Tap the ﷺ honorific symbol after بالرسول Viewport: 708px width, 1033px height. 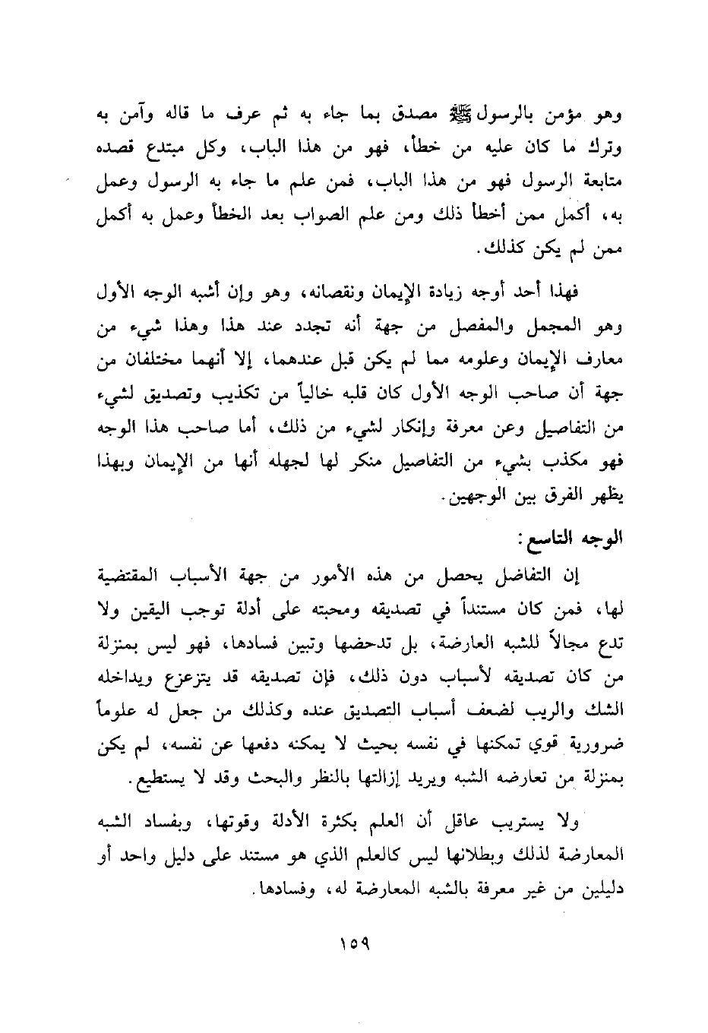pos(461,116)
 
